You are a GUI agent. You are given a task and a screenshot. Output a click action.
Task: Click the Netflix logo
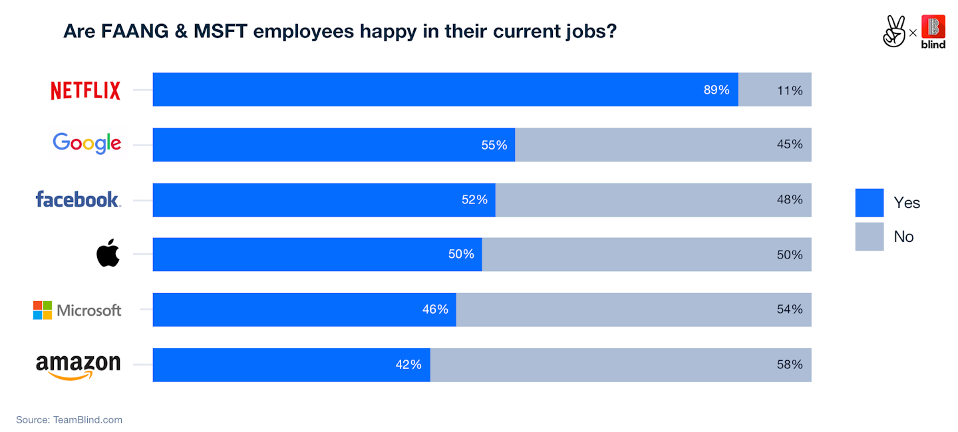(86, 90)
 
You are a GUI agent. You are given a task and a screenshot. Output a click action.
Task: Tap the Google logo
(86, 144)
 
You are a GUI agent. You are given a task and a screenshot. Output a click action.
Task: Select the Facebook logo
(78, 199)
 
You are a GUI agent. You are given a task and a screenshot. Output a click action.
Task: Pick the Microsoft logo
(77, 310)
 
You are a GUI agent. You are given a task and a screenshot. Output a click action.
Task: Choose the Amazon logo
(78, 366)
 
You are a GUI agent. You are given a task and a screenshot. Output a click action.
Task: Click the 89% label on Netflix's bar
(717, 90)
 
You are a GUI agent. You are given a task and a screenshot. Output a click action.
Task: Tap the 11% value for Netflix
(790, 90)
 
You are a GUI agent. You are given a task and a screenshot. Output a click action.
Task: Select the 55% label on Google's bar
(494, 145)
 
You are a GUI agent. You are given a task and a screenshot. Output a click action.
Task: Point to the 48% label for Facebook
(790, 199)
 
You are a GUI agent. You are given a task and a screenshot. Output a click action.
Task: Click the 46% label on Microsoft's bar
(435, 310)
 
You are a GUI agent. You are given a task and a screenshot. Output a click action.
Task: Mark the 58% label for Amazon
(790, 365)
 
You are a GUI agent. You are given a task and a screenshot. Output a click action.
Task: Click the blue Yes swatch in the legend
(869, 203)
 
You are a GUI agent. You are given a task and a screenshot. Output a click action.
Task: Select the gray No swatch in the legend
(869, 237)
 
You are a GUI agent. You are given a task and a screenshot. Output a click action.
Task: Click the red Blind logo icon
(933, 27)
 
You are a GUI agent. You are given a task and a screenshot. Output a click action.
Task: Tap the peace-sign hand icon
(894, 31)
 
